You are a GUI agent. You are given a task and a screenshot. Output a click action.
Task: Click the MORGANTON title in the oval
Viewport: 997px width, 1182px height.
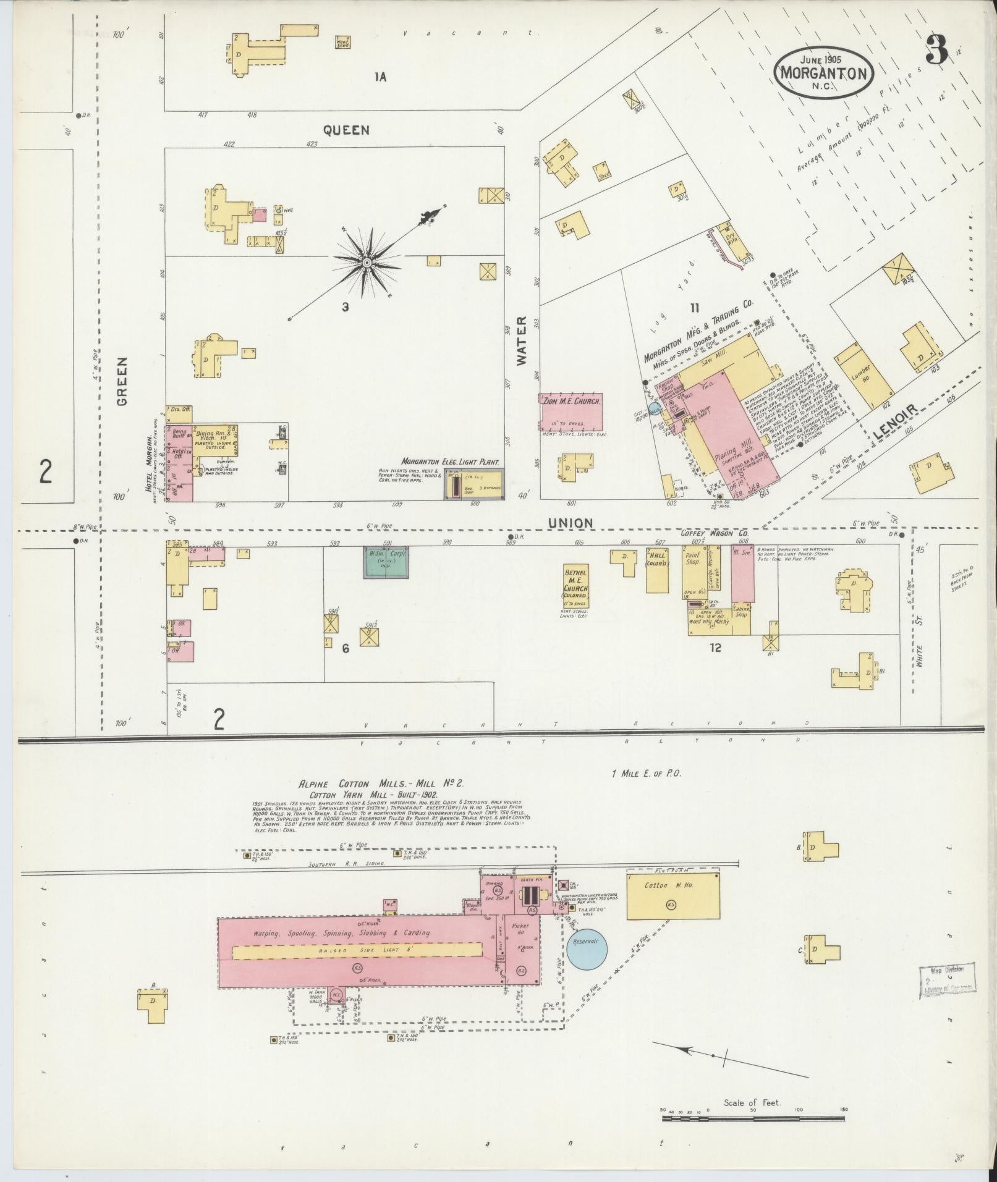pos(824,72)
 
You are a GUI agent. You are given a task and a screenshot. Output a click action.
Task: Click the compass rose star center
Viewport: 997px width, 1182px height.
pos(367,263)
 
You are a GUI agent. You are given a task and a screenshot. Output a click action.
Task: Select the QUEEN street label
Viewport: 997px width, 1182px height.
pos(347,130)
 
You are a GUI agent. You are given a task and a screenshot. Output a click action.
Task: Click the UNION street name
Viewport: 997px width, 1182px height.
pos(571,523)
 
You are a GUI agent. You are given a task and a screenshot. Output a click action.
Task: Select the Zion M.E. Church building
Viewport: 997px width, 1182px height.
pos(571,411)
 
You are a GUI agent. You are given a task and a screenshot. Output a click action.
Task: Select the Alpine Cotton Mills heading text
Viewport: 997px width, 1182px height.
pos(381,784)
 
